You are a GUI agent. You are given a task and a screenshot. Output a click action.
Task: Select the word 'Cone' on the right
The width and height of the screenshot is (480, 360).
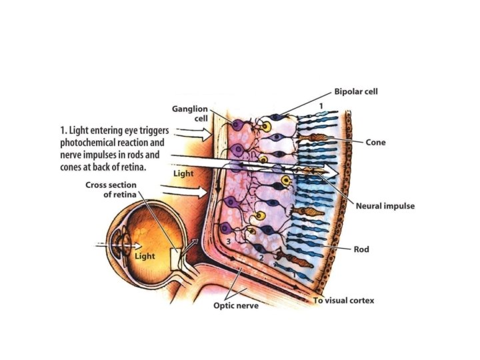pyautogui.click(x=375, y=142)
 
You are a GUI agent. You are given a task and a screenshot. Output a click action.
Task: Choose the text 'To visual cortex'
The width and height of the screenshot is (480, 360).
pyautogui.click(x=343, y=301)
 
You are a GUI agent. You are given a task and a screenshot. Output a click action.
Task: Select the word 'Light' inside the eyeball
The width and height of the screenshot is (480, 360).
pyautogui.click(x=145, y=256)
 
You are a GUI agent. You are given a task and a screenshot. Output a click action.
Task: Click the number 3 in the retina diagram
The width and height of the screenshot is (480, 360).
pyautogui.click(x=228, y=240)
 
